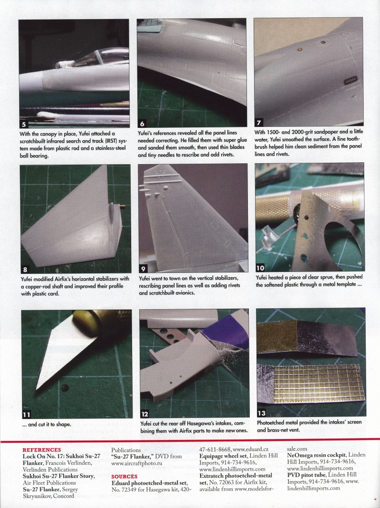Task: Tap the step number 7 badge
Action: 259,122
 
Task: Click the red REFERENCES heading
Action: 42,450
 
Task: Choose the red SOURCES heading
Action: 124,476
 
